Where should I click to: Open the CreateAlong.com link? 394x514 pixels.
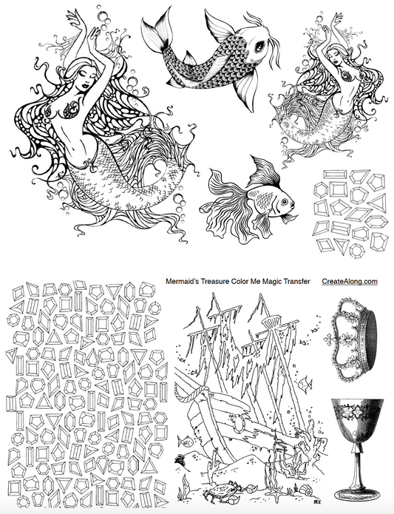click(350, 281)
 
